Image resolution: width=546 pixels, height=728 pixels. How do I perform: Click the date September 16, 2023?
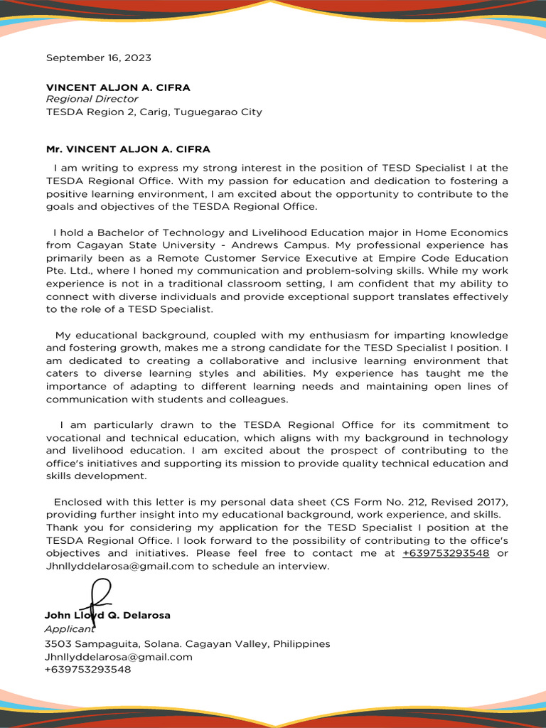point(98,58)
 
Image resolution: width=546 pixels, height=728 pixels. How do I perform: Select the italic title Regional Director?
point(92,99)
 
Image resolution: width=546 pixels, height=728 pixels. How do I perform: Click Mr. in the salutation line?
point(54,149)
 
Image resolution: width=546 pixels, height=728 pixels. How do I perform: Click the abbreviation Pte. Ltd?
point(68,271)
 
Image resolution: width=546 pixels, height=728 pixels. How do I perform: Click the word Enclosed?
point(80,502)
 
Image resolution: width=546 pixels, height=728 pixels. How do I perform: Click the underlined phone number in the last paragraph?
point(446,553)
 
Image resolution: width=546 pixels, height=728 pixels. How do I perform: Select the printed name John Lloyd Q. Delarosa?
point(107,615)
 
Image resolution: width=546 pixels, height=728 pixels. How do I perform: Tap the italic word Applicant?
point(69,629)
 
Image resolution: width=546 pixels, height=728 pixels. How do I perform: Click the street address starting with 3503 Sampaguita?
point(188,644)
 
